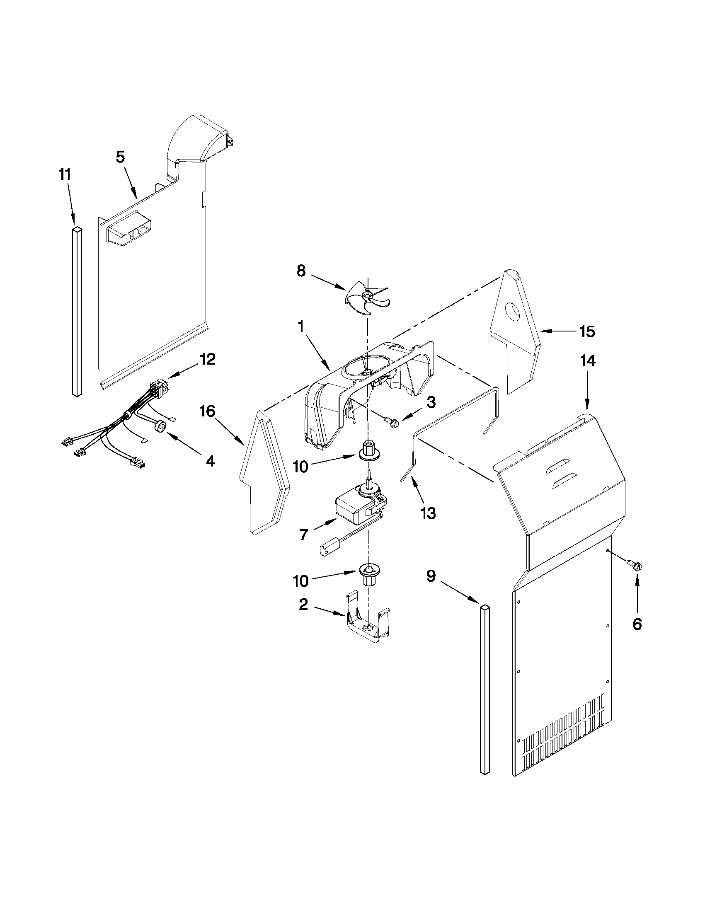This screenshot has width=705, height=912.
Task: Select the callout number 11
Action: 64,175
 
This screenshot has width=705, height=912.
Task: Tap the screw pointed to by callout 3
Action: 392,422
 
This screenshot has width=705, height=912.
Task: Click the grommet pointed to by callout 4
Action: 160,426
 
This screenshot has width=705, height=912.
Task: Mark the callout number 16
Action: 208,412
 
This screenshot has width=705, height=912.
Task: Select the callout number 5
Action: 120,157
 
